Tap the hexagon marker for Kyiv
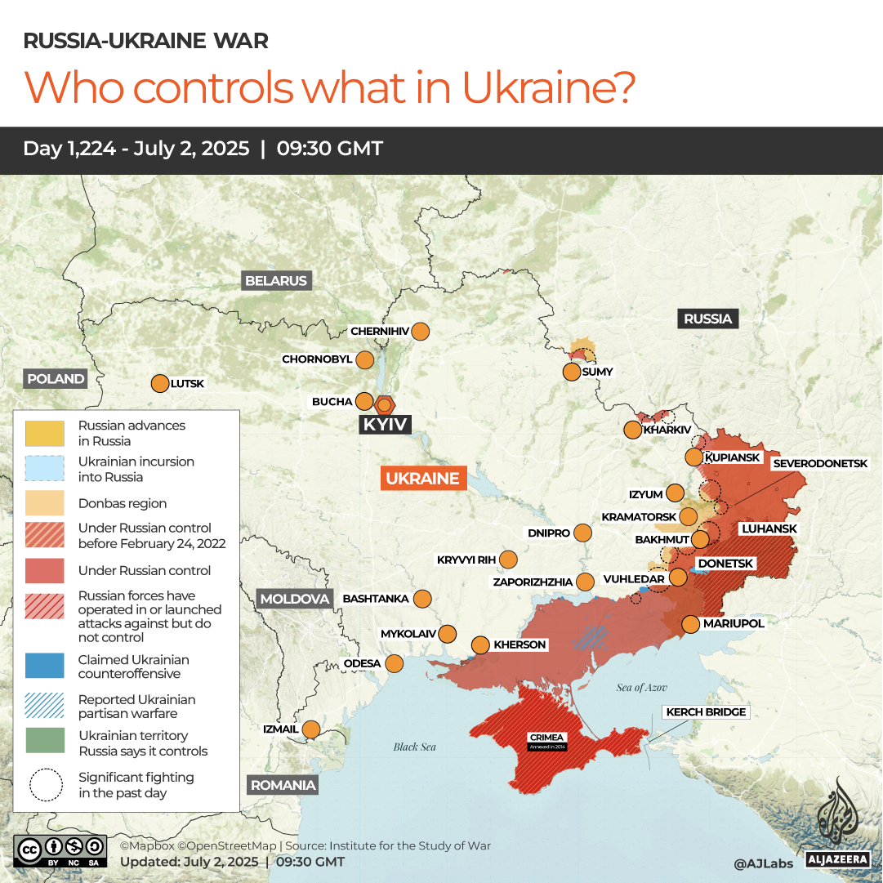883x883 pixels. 385,404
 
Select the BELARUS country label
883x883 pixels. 276,281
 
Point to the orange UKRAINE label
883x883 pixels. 423,479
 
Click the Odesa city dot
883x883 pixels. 395,663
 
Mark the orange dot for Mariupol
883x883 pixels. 690,624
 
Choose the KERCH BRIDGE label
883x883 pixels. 706,712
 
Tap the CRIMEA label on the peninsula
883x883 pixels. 547,738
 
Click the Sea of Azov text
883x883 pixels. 642,688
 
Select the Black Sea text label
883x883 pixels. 415,747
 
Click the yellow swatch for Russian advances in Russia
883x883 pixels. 44,433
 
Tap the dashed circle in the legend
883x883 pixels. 44,785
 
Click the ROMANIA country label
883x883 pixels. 283,786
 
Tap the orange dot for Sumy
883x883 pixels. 572,372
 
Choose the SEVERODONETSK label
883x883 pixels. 820,463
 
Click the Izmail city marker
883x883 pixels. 311,729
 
